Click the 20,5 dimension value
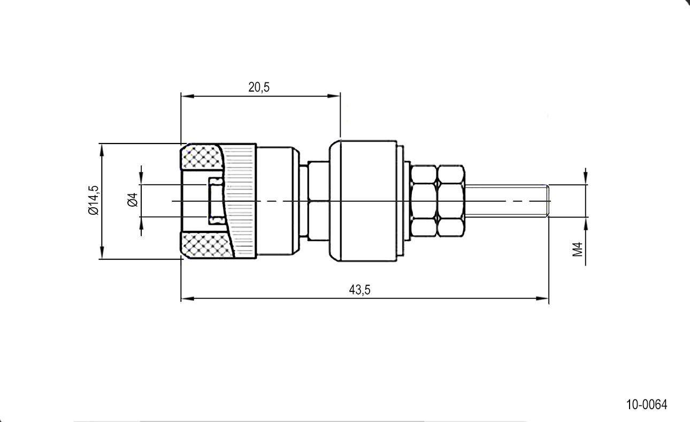(259, 87)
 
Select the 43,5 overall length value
(359, 290)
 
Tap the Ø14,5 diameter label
(93, 200)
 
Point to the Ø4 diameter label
(133, 200)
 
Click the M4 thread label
(578, 249)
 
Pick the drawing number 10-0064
(647, 404)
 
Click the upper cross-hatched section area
(202, 157)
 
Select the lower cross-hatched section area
(206, 245)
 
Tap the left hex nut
(424, 201)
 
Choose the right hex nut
(451, 201)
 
